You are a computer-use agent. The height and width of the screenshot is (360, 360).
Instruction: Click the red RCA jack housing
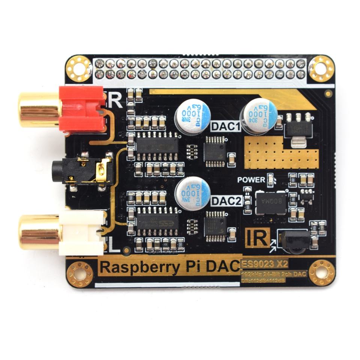(x=82, y=109)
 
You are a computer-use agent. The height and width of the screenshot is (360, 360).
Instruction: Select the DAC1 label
(x=225, y=127)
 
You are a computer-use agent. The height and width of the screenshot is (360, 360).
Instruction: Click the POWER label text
(x=251, y=180)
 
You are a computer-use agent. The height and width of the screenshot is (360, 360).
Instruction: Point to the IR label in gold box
(x=258, y=237)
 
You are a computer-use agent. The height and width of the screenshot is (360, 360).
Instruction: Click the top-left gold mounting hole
(x=79, y=69)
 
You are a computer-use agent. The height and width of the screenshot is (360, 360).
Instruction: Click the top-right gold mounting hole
(x=321, y=68)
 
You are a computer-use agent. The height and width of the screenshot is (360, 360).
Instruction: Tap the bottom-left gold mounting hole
(x=79, y=274)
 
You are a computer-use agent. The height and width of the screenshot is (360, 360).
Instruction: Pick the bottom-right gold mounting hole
(x=322, y=272)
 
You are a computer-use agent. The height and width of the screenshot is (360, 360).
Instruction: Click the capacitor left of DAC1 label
(x=193, y=114)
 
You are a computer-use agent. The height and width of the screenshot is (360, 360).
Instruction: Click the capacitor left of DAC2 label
(x=192, y=193)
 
